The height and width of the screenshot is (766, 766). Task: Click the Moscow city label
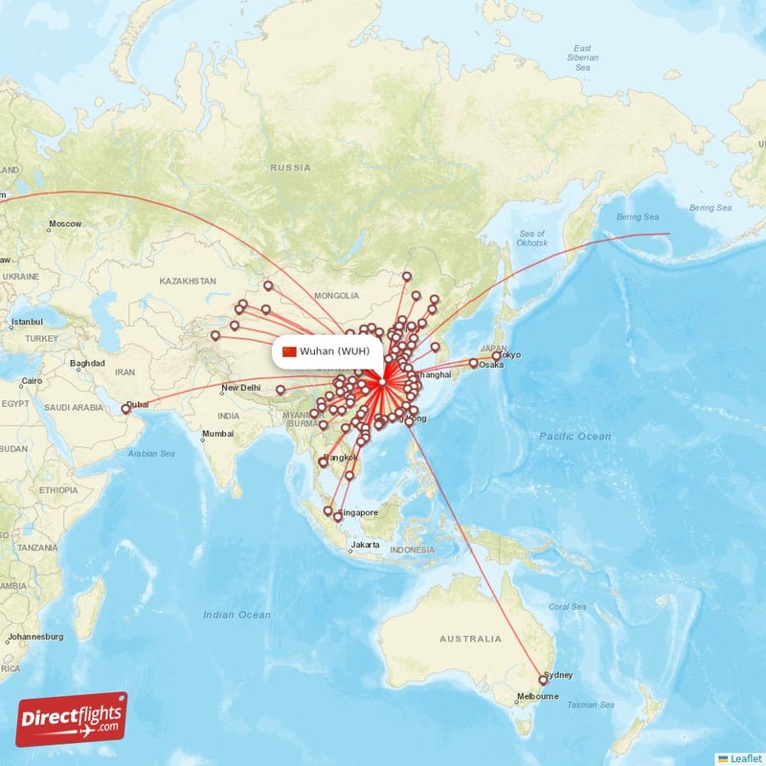click(65, 224)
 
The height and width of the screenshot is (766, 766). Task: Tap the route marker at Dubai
click(125, 410)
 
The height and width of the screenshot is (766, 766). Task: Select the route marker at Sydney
click(541, 680)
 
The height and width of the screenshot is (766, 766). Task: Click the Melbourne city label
click(537, 696)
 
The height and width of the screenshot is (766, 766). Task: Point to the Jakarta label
click(365, 546)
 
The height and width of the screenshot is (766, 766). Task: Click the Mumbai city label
click(216, 434)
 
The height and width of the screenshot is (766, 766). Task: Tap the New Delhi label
click(240, 388)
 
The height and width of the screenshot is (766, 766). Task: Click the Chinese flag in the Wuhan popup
click(289, 351)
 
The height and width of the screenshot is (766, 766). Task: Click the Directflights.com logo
click(71, 719)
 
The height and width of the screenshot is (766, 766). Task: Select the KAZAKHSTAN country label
click(188, 282)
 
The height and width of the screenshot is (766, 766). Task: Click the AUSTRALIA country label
click(470, 639)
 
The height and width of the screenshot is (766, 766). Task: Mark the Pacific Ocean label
click(574, 437)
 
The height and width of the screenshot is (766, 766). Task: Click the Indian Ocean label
click(237, 615)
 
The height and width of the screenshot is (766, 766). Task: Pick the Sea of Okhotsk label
click(531, 239)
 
